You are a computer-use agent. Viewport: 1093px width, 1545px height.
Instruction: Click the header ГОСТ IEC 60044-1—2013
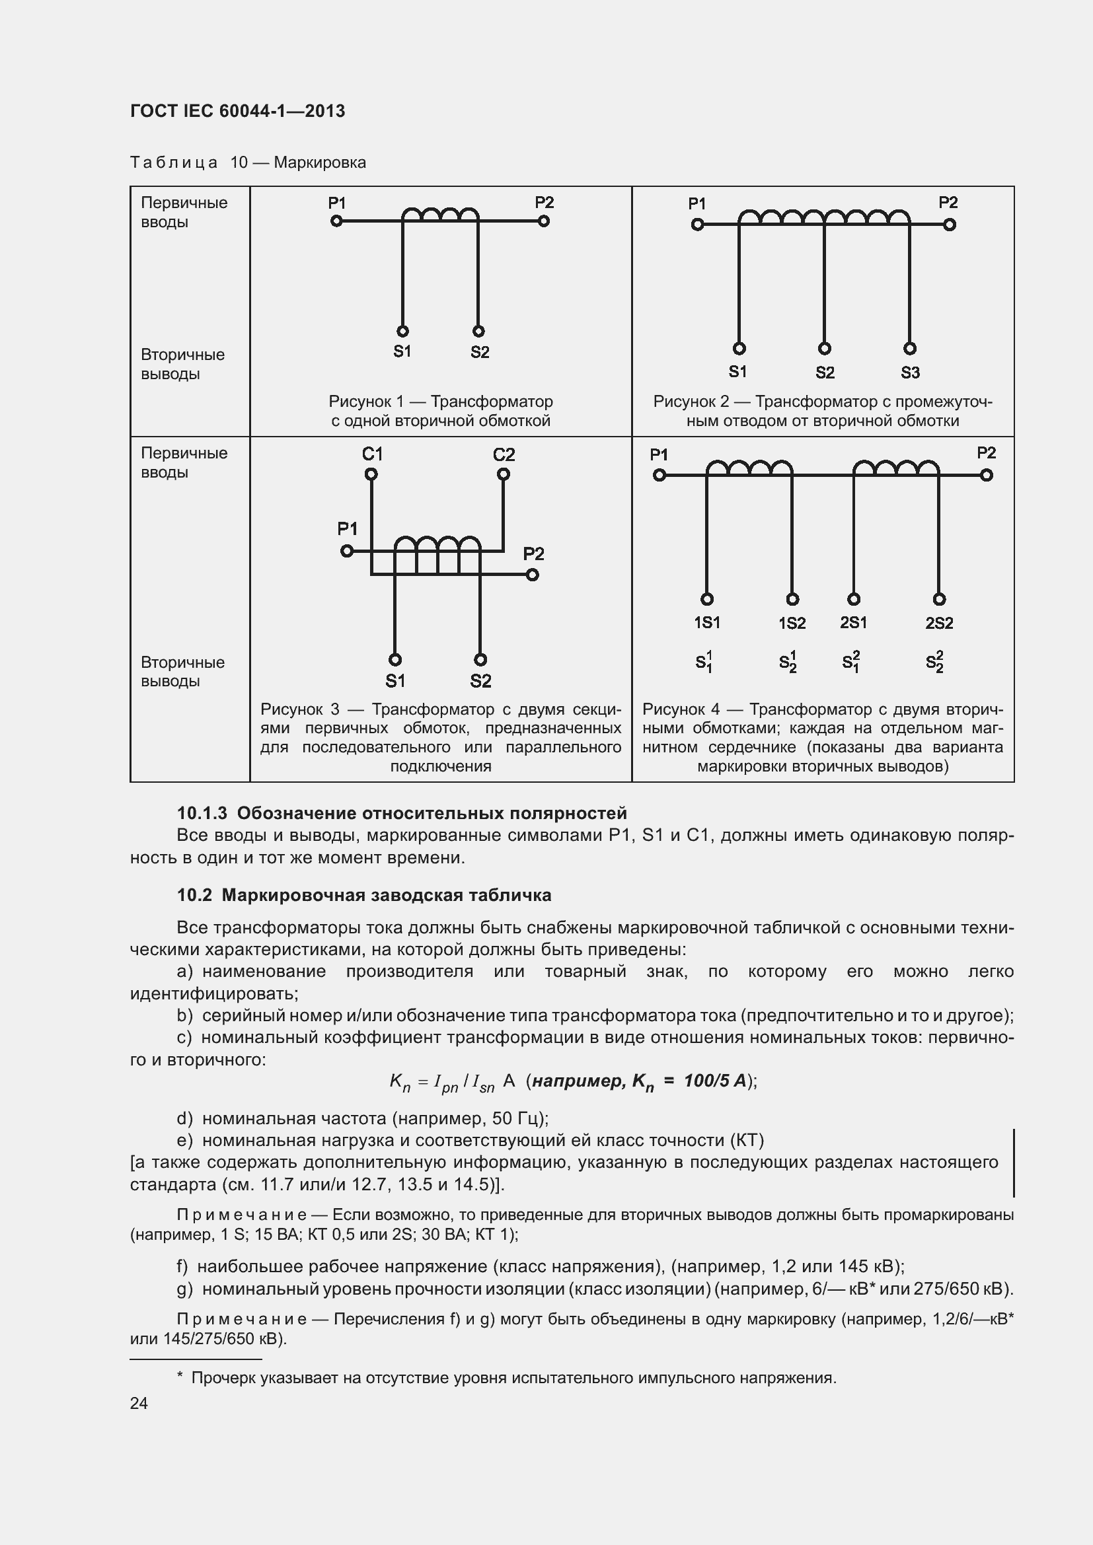tap(237, 111)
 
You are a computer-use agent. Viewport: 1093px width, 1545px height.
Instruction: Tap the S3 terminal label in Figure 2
tap(910, 372)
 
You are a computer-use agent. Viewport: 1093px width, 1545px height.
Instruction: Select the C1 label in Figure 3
tap(372, 454)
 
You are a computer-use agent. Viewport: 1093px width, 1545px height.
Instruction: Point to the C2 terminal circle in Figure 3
tap(504, 474)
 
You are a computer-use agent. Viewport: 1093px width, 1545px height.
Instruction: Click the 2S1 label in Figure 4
tap(853, 622)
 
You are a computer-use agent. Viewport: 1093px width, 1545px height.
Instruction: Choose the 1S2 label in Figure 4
tap(792, 623)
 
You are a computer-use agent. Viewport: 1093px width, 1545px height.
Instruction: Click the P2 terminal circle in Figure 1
tap(544, 221)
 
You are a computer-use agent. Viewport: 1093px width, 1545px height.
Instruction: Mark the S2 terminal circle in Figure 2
tap(825, 348)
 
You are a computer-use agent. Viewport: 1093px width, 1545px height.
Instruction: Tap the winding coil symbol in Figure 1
tap(440, 215)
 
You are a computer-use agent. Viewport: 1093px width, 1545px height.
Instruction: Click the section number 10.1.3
tap(202, 813)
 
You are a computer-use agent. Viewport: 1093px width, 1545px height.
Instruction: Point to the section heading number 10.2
tap(195, 895)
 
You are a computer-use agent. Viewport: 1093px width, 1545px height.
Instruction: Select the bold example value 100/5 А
tap(715, 1081)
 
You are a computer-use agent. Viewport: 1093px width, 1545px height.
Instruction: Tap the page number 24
tap(139, 1403)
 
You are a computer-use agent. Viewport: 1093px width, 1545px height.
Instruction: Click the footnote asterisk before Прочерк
tap(180, 1377)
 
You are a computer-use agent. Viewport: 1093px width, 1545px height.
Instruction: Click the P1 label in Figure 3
tap(348, 529)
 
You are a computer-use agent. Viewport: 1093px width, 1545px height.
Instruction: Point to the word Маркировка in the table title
tap(320, 162)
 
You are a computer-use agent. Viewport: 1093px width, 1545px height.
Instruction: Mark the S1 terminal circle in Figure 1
tap(402, 331)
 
